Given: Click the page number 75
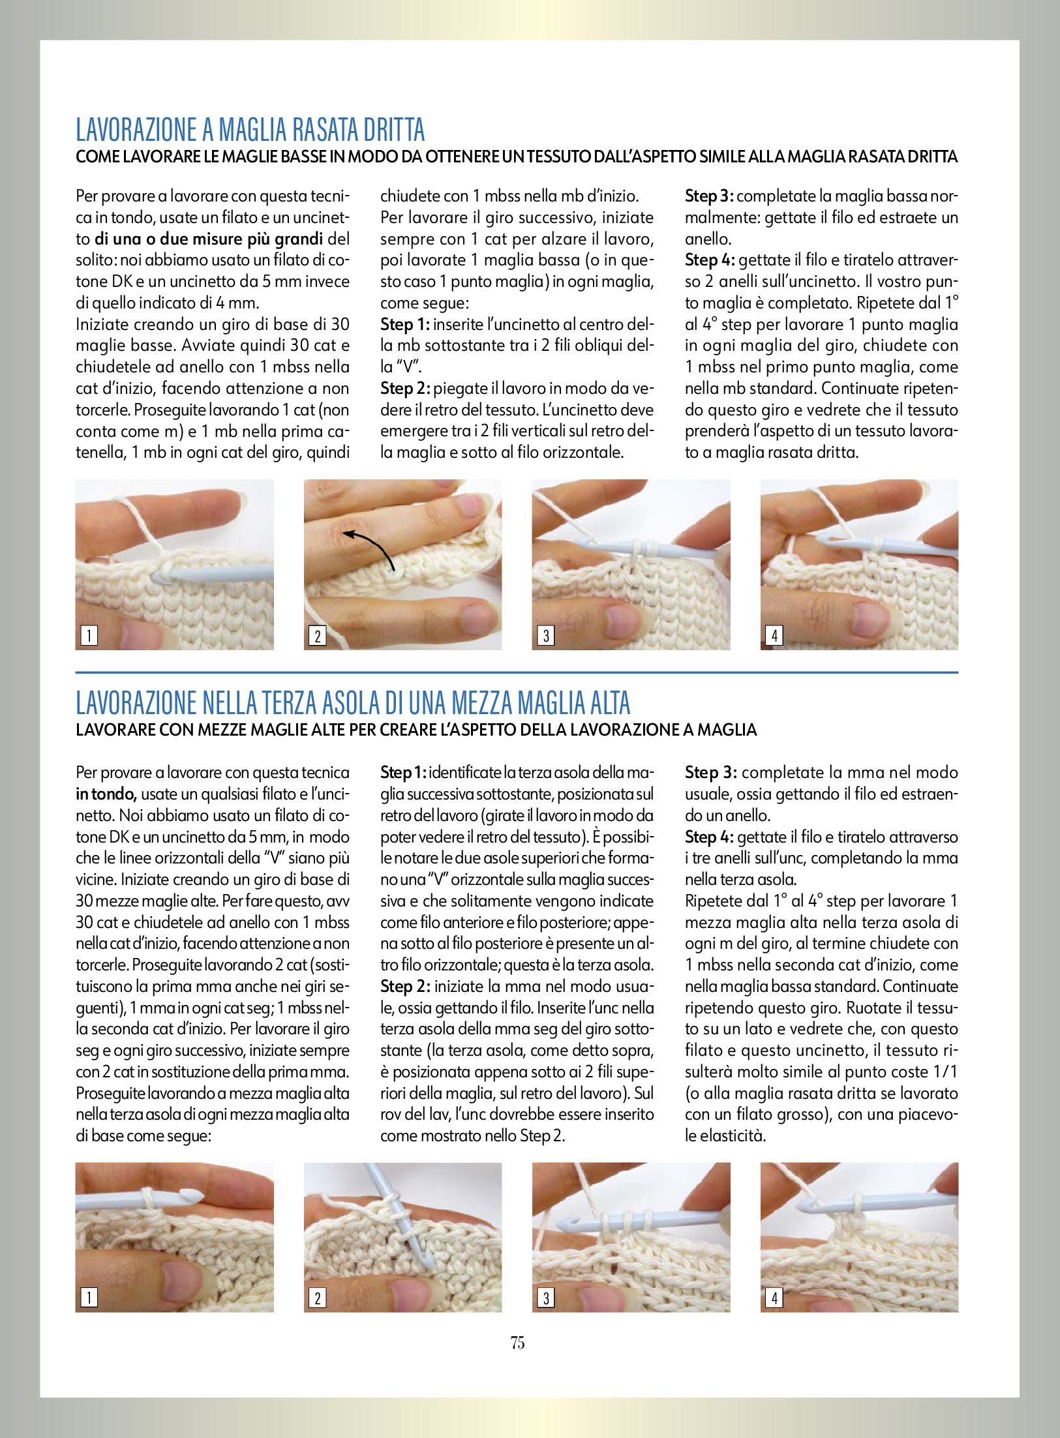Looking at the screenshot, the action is click(517, 1343).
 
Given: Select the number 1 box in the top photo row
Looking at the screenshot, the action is click(89, 635).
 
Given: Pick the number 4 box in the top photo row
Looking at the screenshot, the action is click(774, 635).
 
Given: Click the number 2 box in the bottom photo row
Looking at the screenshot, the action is click(317, 1298).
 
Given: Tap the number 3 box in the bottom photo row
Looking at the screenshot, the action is click(545, 1298).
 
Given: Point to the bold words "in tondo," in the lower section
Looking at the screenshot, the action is click(106, 794).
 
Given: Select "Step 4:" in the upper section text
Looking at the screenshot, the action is click(710, 260).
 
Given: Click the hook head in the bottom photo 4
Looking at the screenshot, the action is click(810, 1202).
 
